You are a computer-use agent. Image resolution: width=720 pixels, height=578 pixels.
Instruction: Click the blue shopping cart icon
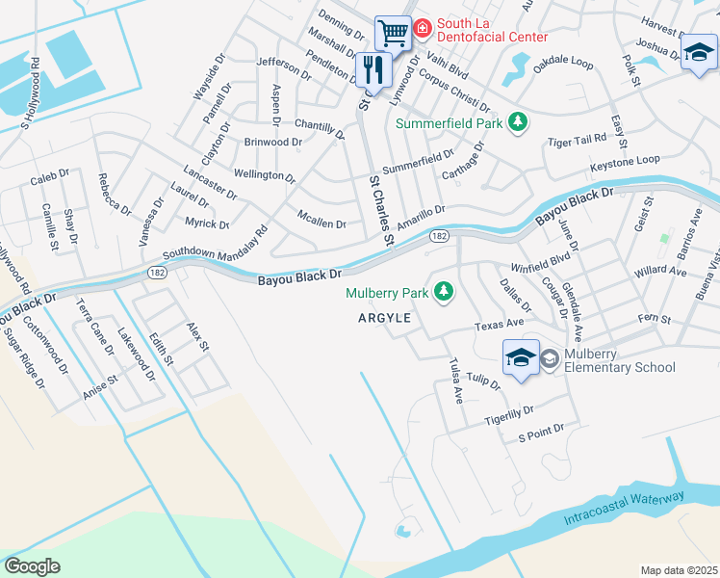click(393, 34)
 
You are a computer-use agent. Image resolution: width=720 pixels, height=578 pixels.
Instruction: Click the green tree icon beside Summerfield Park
click(519, 122)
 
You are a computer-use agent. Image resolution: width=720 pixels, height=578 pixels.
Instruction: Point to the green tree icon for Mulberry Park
click(444, 291)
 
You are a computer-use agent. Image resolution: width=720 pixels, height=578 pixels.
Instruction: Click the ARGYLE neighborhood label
click(385, 318)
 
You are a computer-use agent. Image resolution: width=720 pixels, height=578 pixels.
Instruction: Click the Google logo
click(32, 565)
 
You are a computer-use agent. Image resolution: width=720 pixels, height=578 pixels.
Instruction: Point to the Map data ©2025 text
click(679, 570)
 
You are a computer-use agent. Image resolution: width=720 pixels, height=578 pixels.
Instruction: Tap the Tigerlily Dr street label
click(508, 415)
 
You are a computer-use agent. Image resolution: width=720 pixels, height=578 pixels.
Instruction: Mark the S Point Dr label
click(540, 433)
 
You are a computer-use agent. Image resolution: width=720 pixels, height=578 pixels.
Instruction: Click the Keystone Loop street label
click(630, 160)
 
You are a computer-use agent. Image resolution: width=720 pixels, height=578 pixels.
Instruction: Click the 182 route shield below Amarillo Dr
click(439, 236)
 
